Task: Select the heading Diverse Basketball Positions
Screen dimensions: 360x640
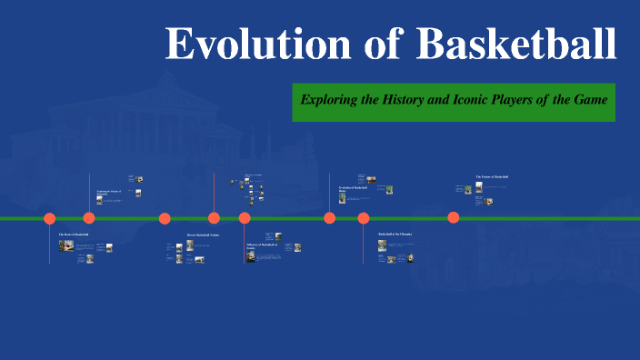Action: tap(203, 235)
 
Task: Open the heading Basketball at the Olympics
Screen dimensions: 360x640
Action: tap(395, 234)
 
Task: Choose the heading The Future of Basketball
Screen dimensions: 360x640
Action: tap(492, 176)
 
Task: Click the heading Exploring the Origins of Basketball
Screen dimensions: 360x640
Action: tap(108, 193)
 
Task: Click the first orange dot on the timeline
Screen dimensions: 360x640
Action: tap(50, 218)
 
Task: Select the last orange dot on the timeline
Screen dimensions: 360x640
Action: tap(453, 217)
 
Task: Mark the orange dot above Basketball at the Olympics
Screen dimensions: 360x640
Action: tap(364, 218)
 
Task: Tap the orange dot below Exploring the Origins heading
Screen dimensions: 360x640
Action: tap(89, 218)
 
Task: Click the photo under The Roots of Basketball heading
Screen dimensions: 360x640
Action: tap(66, 245)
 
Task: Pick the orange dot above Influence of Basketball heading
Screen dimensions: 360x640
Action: tap(245, 218)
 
